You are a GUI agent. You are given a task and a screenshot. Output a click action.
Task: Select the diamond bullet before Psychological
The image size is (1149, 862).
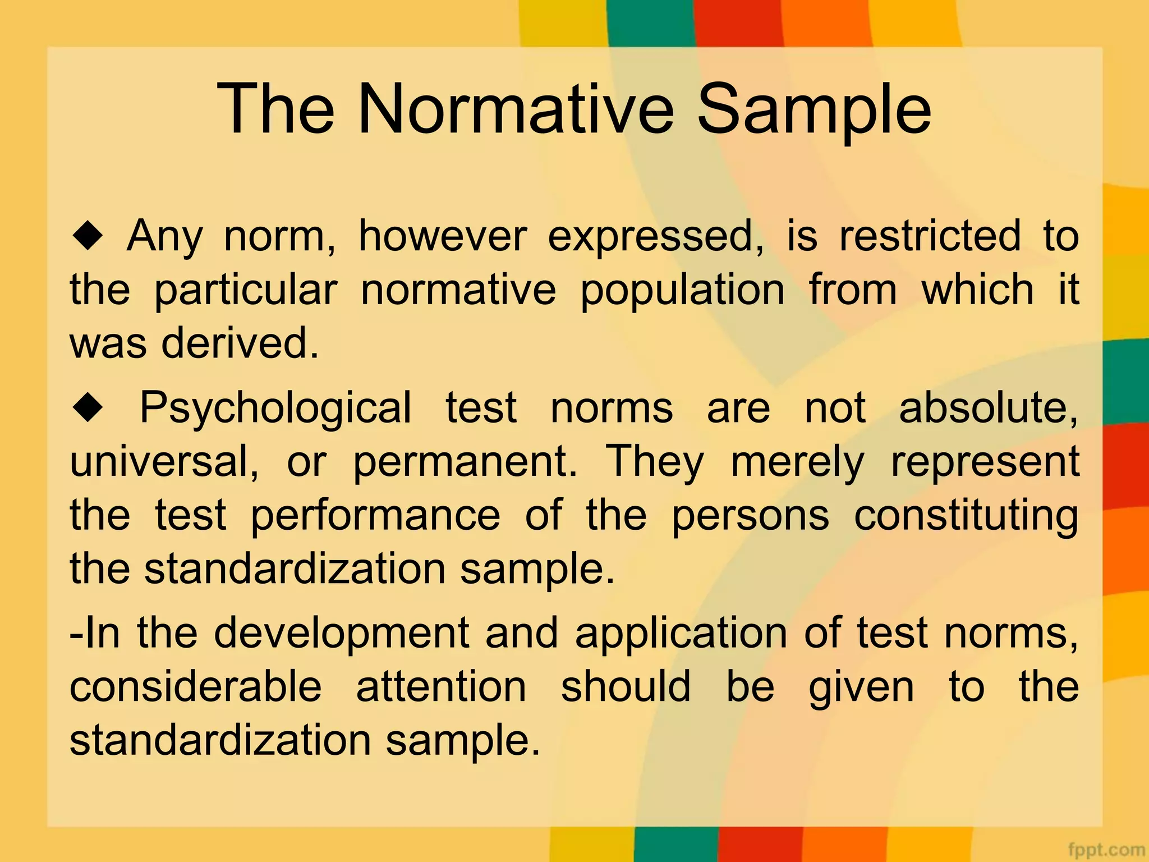(x=88, y=408)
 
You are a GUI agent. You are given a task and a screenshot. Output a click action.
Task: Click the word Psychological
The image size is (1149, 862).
(x=275, y=408)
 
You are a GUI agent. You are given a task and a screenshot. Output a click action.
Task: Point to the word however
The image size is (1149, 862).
(x=443, y=236)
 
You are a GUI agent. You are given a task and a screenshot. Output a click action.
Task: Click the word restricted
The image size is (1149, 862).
(x=930, y=236)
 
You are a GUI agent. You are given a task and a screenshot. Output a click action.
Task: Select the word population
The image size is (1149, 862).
(x=682, y=291)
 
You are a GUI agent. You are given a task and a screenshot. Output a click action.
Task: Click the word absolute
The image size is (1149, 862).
(x=988, y=408)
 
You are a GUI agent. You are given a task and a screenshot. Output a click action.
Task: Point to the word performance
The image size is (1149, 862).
(x=375, y=515)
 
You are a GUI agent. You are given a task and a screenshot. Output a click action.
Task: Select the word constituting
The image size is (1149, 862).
(x=966, y=515)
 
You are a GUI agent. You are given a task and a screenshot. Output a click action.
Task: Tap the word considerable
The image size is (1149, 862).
(x=196, y=687)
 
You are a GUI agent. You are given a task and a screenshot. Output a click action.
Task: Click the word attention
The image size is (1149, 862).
(x=441, y=687)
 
